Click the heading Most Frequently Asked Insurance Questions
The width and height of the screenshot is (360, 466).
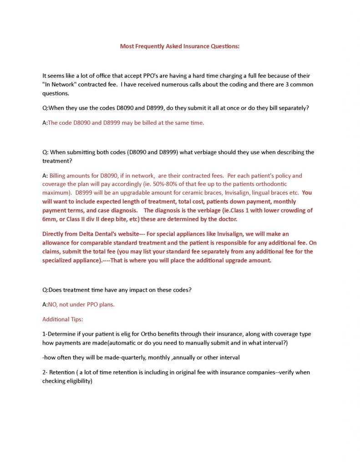tap(179, 46)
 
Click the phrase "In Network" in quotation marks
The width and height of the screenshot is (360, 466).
tap(58, 84)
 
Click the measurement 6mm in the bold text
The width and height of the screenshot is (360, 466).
tap(49, 219)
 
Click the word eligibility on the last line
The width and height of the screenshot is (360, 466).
tap(78, 381)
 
